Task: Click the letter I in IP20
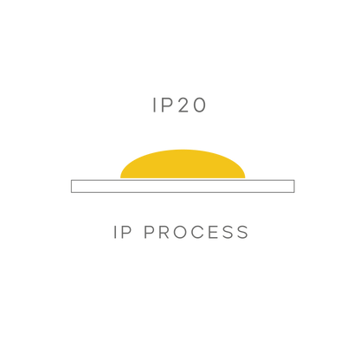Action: [154, 105]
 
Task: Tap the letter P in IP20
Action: [166, 105]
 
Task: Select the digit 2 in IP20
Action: [183, 105]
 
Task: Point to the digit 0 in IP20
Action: [199, 105]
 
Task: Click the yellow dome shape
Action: [183, 164]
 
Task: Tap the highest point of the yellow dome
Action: [183, 150]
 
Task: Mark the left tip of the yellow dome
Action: [120, 178]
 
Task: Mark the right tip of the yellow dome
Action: [245, 178]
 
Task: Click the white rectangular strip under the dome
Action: [183, 186]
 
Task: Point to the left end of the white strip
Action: [71, 186]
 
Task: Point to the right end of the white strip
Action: [294, 186]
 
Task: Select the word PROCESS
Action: [196, 232]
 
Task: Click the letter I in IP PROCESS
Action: [116, 232]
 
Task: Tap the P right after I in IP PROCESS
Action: [127, 232]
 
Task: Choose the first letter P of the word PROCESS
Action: [149, 232]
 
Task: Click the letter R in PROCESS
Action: [164, 232]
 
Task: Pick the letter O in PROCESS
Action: [181, 232]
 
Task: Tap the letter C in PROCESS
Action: [199, 232]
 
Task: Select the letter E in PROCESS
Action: [215, 232]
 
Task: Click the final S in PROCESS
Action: [243, 232]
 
